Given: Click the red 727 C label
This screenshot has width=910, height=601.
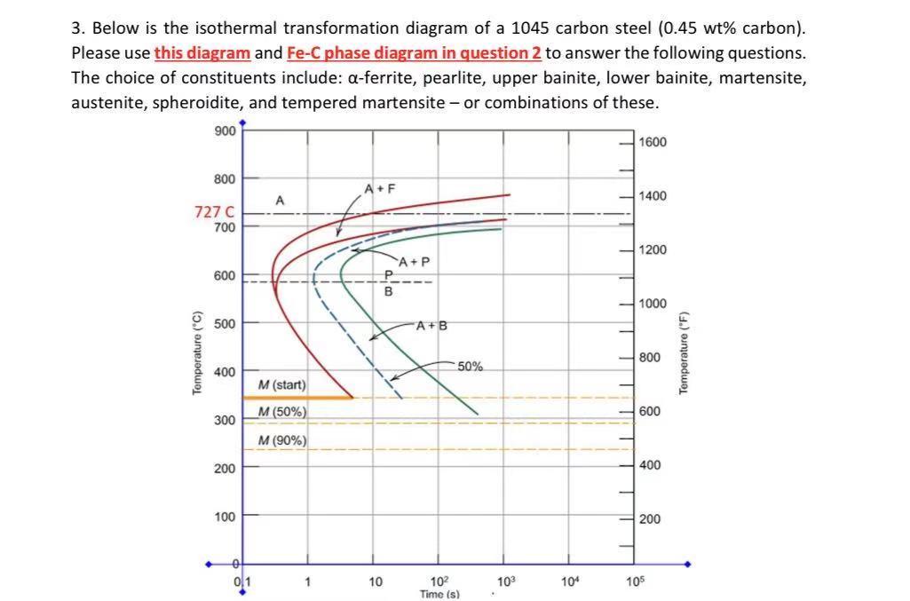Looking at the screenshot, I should click(214, 211).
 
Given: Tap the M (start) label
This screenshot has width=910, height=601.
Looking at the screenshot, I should click(281, 384).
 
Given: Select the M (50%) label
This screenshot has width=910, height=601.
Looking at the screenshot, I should click(282, 412).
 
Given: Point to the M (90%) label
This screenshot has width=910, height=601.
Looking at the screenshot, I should click(282, 440).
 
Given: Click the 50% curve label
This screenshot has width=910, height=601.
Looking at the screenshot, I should click(471, 366).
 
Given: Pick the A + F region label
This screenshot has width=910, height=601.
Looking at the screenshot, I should click(379, 188).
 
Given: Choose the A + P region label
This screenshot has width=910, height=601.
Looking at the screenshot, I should click(414, 262).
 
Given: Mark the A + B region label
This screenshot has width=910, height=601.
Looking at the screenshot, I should click(431, 325).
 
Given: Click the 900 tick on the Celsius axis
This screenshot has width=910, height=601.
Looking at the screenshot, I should click(225, 130).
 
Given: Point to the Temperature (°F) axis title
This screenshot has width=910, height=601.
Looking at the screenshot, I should click(684, 353).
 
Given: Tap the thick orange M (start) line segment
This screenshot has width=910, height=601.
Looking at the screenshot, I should click(297, 398).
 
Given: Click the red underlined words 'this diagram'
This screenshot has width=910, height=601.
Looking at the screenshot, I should click(202, 52).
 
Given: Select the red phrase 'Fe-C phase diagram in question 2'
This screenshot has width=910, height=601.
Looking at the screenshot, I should click(414, 52).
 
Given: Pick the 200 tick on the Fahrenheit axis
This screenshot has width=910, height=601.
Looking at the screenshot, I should click(649, 518).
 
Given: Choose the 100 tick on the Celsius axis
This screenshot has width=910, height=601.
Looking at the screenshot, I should click(225, 516).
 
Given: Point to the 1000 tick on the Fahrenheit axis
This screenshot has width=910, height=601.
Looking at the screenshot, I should click(652, 304).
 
